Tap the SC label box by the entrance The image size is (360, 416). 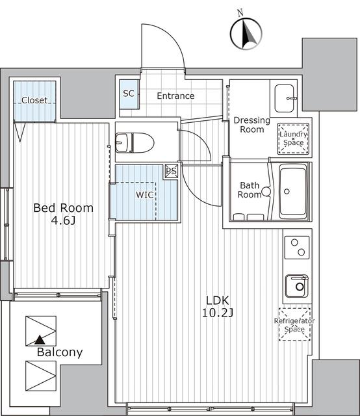[128, 94]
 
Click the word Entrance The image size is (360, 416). [175, 96]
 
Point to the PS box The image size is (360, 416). [171, 171]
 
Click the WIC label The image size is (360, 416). [144, 194]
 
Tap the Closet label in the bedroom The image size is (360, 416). [34, 100]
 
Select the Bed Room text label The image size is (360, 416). [63, 208]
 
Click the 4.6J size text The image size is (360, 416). [63, 222]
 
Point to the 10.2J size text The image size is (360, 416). [218, 313]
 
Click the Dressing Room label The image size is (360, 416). [249, 125]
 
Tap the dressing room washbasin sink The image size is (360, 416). [285, 98]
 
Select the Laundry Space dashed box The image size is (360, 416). [292, 137]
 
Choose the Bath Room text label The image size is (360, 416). [250, 189]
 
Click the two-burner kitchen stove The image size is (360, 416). [298, 248]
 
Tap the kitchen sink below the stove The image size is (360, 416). [298, 285]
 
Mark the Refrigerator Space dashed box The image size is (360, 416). [294, 324]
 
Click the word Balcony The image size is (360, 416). [60, 353]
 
